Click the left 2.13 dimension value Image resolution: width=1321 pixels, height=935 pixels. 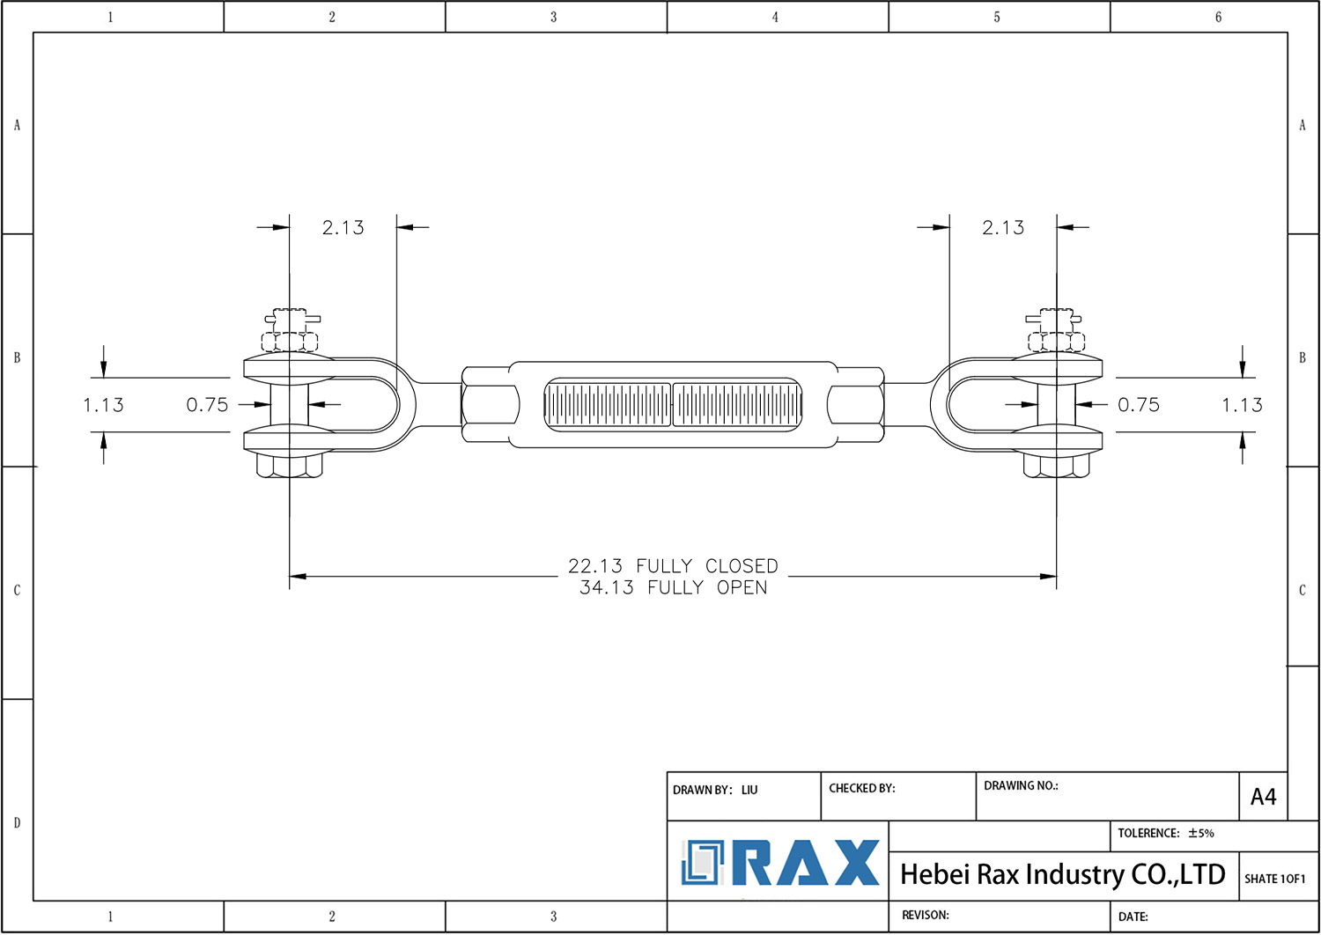(x=343, y=228)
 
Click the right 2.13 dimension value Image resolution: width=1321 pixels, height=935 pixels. (x=1003, y=228)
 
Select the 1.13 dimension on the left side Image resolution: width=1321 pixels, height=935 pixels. (x=103, y=405)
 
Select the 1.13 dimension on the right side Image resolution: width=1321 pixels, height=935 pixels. (x=1242, y=405)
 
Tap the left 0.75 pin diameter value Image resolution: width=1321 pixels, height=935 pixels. (x=207, y=405)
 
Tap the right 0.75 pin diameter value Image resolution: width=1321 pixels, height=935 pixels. (x=1139, y=405)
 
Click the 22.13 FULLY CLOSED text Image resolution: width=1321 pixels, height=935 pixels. (x=673, y=566)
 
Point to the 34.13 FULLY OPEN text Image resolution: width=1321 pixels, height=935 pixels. (x=673, y=588)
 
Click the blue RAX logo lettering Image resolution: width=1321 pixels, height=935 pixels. (x=805, y=863)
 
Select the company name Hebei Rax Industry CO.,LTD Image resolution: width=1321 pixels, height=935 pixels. (x=1062, y=874)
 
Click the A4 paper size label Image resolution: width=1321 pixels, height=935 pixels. (x=1263, y=797)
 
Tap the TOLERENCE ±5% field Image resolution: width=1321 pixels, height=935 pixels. (x=1165, y=833)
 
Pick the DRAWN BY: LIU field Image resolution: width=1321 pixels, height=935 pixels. (x=714, y=790)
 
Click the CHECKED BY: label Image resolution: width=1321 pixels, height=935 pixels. (x=861, y=788)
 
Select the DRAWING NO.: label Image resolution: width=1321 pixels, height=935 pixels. (x=1020, y=785)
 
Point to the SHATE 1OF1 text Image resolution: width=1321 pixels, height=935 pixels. (x=1274, y=879)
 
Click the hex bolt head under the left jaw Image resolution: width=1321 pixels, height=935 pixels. (x=289, y=464)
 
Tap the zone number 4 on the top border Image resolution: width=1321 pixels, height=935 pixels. (x=775, y=17)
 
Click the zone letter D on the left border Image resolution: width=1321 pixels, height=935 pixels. (x=17, y=823)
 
